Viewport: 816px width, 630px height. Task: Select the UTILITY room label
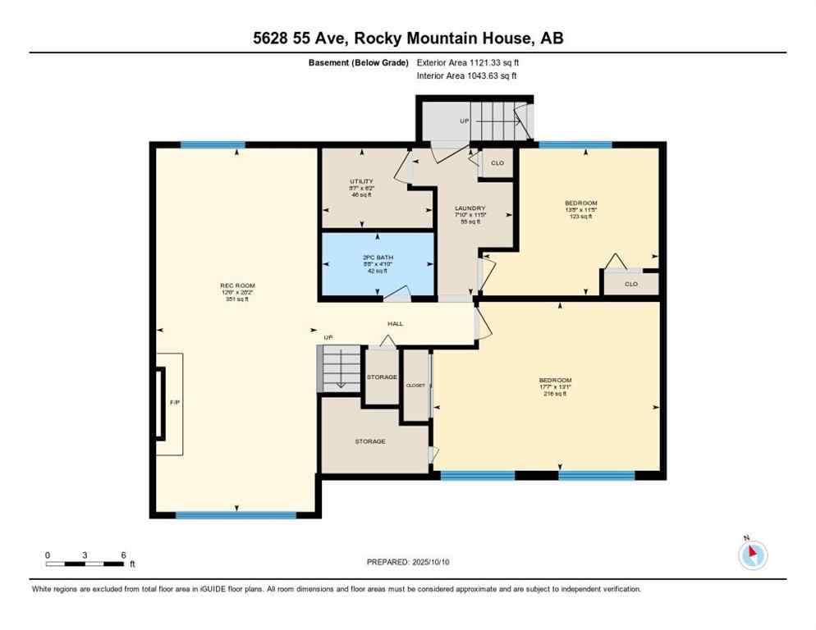(x=361, y=181)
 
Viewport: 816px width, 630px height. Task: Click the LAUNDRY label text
(x=470, y=208)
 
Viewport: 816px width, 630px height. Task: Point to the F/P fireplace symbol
(x=173, y=403)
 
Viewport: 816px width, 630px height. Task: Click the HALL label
(x=395, y=323)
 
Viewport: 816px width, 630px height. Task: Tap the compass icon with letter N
(x=752, y=555)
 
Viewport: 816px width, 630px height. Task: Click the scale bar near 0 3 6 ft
(x=85, y=564)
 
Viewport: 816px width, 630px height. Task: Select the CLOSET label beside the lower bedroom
(x=415, y=386)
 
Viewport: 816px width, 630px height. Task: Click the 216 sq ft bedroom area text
(x=555, y=394)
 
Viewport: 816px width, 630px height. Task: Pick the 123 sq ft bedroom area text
(x=580, y=217)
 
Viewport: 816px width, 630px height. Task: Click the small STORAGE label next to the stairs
(x=381, y=377)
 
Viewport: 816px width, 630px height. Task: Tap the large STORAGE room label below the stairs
(x=369, y=441)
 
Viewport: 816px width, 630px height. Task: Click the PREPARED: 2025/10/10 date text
(x=409, y=562)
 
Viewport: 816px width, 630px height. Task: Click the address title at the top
(x=408, y=38)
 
